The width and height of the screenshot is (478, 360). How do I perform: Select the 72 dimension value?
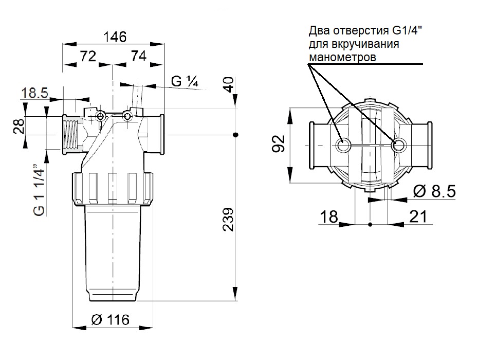(x=88, y=57)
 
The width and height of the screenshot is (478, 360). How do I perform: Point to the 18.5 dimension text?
(x=35, y=93)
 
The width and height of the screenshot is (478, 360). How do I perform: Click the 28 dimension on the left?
(x=19, y=125)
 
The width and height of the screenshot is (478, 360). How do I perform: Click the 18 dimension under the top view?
(x=330, y=217)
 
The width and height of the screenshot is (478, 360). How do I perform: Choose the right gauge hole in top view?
(x=397, y=146)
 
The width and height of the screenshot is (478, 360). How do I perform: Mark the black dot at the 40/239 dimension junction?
(x=235, y=135)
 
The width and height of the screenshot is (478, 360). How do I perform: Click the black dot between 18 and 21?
(x=370, y=224)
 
